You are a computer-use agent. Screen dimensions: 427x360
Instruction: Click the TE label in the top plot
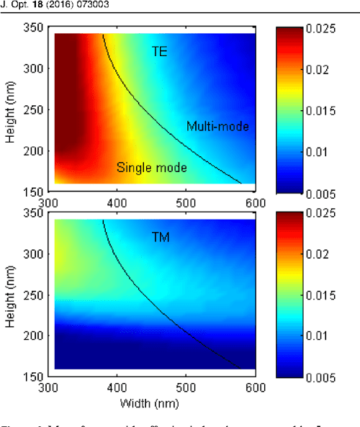pyautogui.click(x=159, y=51)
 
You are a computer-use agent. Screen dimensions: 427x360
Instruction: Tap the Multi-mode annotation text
pyautogui.click(x=217, y=127)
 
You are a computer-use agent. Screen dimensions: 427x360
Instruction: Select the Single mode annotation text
pyautogui.click(x=152, y=168)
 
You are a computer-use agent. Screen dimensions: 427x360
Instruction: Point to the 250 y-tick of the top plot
pyautogui.click(x=36, y=110)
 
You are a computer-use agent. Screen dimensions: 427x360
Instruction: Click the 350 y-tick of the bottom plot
pyautogui.click(x=36, y=213)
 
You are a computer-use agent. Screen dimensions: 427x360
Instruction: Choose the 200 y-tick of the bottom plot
pyautogui.click(x=36, y=336)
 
